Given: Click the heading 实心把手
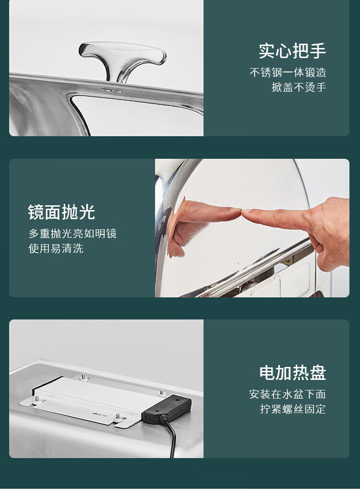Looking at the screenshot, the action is coord(292,50).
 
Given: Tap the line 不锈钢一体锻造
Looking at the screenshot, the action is coord(288,72).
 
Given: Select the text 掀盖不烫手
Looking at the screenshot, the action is coord(299,87).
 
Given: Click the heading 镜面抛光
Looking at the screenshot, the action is coord(61,212).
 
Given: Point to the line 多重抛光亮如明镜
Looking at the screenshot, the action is coord(72,233).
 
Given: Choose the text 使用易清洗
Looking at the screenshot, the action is coord(56,248).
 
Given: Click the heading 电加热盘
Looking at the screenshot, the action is coord(292,373).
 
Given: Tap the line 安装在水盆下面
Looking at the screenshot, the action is coord(288,394).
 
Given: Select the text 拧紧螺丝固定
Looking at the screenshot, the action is coord(293,409).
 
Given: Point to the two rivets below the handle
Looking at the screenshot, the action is coord(113,91).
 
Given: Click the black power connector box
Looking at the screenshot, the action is coord(167,410).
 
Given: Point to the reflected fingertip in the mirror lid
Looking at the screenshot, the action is coord(237,210).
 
